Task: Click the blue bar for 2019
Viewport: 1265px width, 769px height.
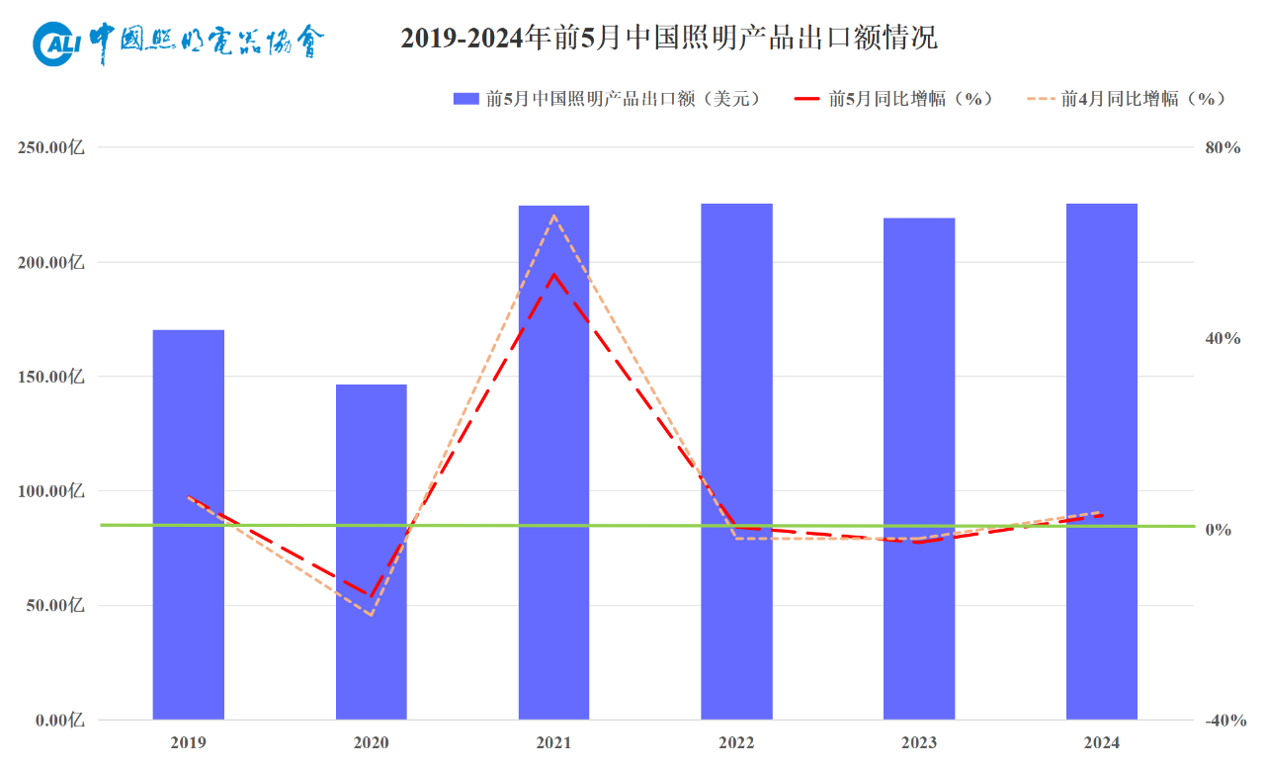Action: (189, 524)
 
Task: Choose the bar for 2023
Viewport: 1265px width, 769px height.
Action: (919, 469)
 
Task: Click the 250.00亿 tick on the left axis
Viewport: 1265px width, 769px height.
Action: (51, 147)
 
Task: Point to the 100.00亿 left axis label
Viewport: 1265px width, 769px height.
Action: (51, 491)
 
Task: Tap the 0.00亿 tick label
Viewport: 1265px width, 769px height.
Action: (57, 721)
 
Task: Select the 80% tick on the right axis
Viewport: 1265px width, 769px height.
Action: (1222, 147)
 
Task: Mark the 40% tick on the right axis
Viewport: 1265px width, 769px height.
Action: (1222, 338)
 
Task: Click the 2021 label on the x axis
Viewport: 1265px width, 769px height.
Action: (553, 742)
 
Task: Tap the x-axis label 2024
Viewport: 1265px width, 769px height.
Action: (1102, 742)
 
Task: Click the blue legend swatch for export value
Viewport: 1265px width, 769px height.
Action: (465, 99)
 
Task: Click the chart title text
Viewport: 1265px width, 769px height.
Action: (669, 39)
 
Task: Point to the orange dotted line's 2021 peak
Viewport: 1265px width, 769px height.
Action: (553, 215)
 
